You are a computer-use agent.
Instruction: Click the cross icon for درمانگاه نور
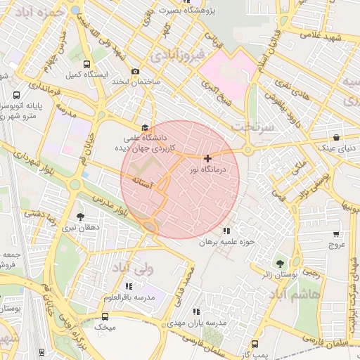[x=207, y=159]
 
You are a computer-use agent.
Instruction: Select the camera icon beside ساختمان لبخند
[x=135, y=71]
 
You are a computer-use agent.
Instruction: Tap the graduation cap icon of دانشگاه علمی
[x=145, y=127]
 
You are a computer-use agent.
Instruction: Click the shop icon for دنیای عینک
[x=337, y=137]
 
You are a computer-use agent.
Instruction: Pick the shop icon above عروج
[x=335, y=234]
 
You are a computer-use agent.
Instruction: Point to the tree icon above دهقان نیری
[x=79, y=217]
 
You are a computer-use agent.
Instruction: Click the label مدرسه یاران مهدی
[x=196, y=322]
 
